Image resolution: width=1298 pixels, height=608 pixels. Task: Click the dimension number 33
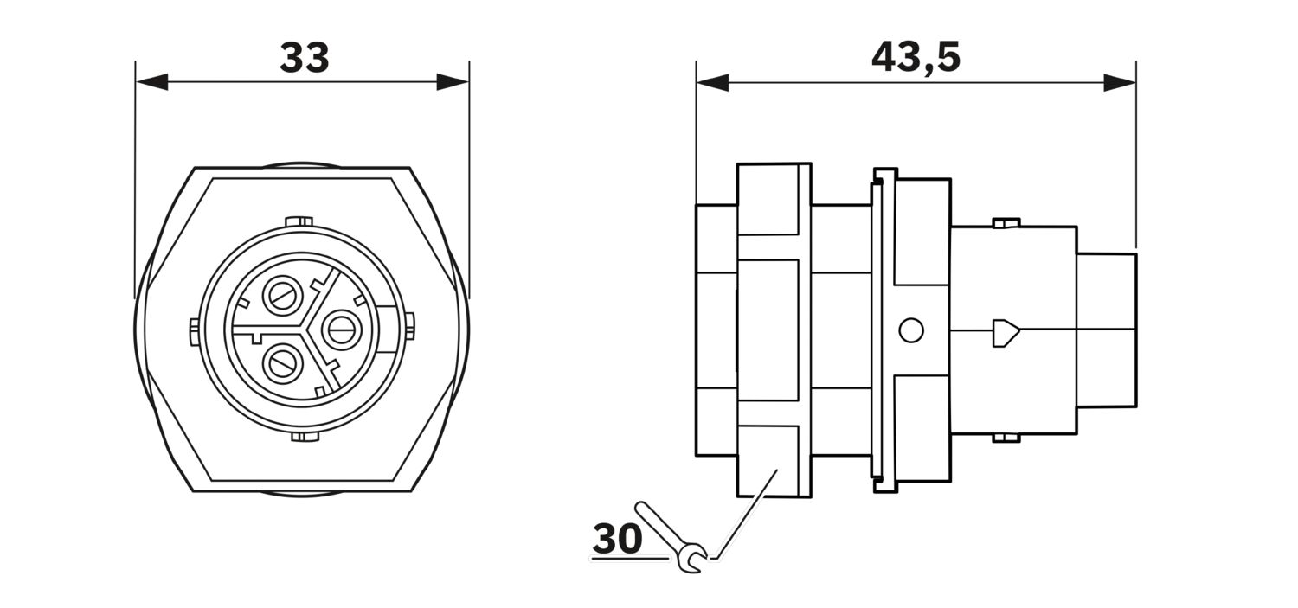coord(305,58)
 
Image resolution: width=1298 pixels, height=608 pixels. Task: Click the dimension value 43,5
coord(916,58)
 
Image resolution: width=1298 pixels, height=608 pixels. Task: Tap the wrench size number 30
coord(617,539)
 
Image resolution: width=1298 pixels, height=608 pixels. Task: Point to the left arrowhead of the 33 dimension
coord(151,82)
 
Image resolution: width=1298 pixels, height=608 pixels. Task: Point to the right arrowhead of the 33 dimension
coord(453,82)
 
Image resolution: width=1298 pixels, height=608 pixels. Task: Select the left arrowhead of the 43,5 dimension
coord(712,82)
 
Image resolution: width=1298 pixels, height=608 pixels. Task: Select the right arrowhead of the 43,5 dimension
coord(1120,82)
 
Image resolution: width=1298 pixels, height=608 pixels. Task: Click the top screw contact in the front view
coord(283,296)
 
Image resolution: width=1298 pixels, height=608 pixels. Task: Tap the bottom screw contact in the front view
coord(283,364)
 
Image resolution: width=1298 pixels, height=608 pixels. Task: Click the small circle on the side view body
coord(911,330)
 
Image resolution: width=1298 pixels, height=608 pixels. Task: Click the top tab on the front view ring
coord(299,221)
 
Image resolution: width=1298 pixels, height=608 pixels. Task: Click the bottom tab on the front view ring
coord(306,437)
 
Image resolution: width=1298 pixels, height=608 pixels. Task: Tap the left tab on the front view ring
coord(194,332)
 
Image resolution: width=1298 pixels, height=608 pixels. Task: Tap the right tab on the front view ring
coord(410,325)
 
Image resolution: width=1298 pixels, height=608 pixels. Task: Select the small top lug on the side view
coord(1006,223)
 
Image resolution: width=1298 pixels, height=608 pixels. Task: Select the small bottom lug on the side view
coord(1006,438)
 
